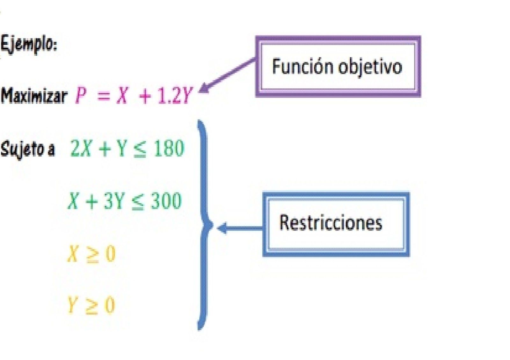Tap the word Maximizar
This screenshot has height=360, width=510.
point(34,95)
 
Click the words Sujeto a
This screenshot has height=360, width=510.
point(28,149)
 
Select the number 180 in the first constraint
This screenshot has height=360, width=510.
point(169,148)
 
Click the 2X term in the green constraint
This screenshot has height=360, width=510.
point(81,148)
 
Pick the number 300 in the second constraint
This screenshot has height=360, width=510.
point(166,201)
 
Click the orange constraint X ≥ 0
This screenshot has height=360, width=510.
point(91,254)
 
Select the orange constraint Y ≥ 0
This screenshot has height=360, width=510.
point(91,305)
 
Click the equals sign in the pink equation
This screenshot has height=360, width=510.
point(103,96)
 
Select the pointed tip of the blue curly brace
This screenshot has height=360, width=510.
point(211,226)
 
